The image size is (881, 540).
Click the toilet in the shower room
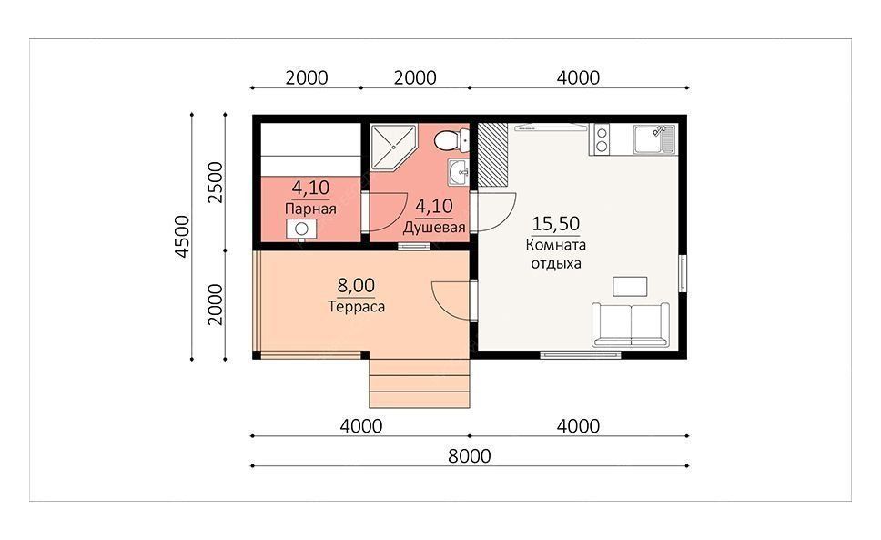click(451, 139)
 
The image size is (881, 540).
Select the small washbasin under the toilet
click(458, 171)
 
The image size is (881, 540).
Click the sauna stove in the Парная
click(301, 229)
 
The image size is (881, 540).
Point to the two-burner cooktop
click(602, 139)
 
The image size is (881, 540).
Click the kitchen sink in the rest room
click(654, 138)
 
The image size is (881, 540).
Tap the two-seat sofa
click(631, 325)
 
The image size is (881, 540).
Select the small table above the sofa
click(629, 286)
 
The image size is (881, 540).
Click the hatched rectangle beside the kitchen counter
click(492, 154)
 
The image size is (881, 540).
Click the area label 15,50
click(556, 224)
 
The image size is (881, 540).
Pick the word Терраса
click(356, 307)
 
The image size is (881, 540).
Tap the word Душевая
click(434, 228)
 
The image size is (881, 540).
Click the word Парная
click(310, 209)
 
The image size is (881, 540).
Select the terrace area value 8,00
click(356, 285)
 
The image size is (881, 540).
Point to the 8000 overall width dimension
click(469, 455)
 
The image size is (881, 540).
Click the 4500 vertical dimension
click(183, 236)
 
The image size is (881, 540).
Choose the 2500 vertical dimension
click(215, 182)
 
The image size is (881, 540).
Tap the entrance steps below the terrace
click(420, 383)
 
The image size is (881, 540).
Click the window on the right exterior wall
click(683, 273)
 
